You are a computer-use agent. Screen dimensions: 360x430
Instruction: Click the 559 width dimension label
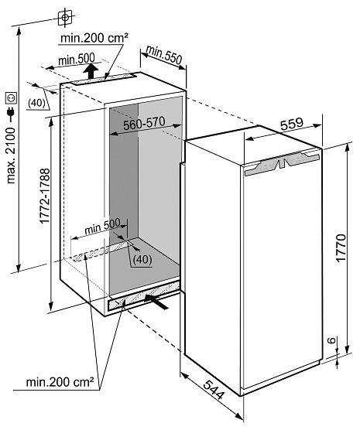tap(292, 125)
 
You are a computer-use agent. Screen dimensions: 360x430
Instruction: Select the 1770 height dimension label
tap(341, 248)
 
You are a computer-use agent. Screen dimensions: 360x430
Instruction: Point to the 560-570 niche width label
tap(144, 123)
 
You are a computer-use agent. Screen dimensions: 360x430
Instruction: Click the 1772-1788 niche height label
tap(44, 196)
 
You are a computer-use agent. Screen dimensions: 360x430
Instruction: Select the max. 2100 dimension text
tap(12, 155)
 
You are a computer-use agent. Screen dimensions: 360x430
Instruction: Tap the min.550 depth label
tap(164, 55)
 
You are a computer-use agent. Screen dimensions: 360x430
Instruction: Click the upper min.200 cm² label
tap(94, 38)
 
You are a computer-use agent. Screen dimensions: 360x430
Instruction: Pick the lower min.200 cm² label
tap(60, 382)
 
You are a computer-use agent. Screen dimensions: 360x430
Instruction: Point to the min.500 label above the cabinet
tap(77, 59)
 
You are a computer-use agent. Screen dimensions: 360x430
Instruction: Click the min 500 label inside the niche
tap(102, 227)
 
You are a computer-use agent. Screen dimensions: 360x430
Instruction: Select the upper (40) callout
tap(36, 103)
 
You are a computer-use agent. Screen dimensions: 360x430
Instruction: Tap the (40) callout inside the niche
tap(142, 259)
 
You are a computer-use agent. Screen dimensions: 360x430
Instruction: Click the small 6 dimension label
tap(331, 340)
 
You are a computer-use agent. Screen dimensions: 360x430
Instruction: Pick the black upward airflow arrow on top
tap(91, 71)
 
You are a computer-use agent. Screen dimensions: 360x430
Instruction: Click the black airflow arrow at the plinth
tap(156, 302)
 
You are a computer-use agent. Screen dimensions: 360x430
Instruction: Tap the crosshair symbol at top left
tap(65, 18)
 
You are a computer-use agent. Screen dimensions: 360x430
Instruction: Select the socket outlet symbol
tap(12, 98)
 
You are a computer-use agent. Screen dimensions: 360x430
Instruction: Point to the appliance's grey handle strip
tap(282, 164)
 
